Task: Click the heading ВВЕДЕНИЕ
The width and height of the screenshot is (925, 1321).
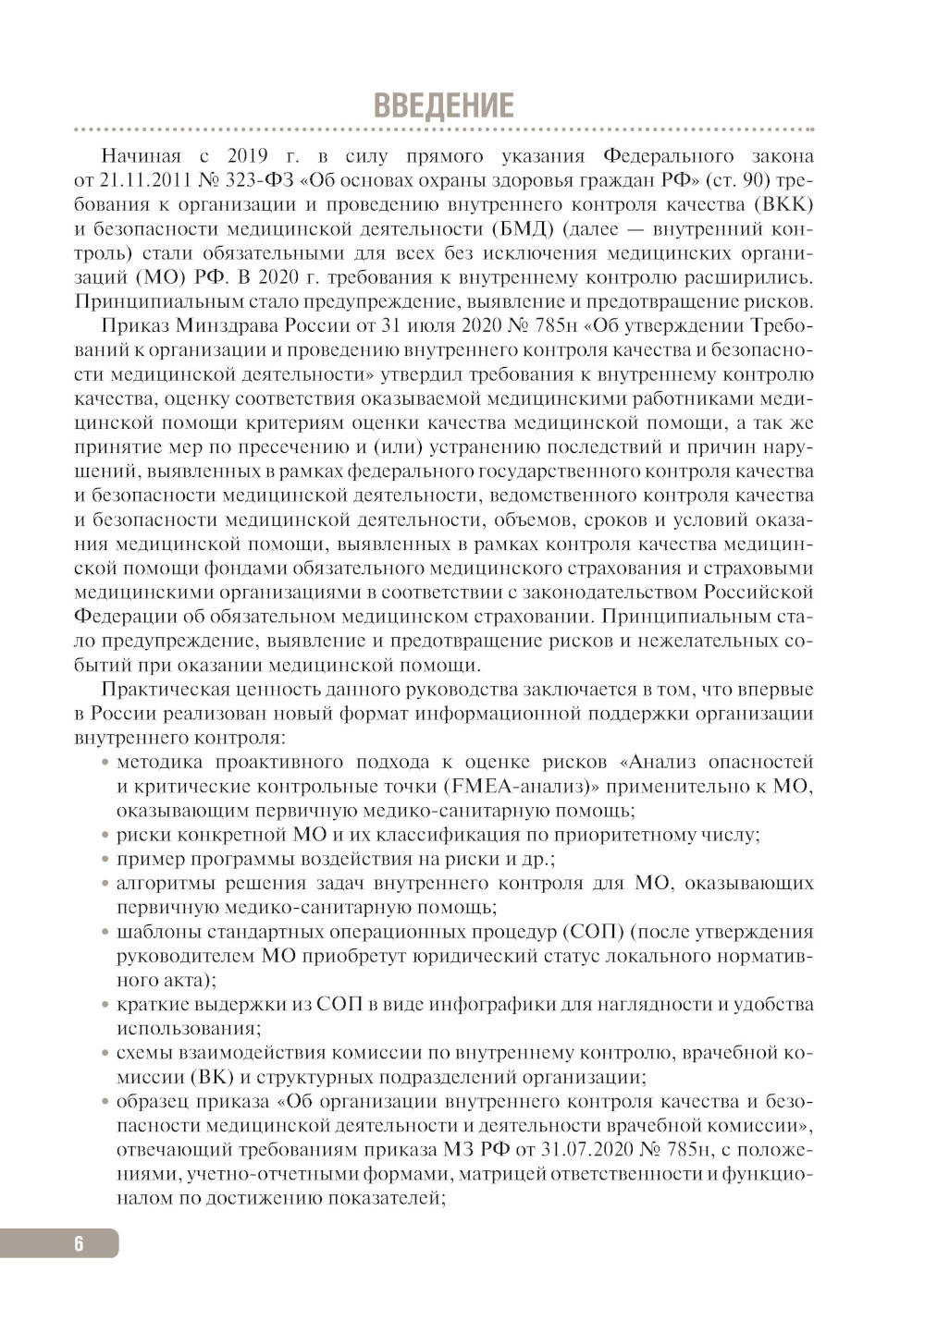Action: (443, 105)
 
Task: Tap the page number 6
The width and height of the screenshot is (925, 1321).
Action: (79, 1243)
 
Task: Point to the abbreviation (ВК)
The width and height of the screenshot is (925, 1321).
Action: (211, 1077)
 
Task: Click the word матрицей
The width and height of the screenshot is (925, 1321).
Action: (500, 1174)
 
